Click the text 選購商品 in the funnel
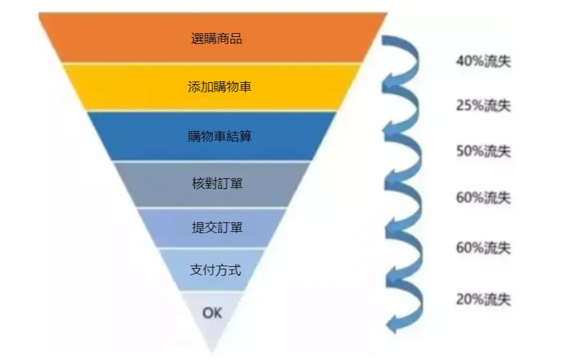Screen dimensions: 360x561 [216, 38]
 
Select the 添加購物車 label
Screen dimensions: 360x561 [219, 86]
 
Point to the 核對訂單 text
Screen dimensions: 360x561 [217, 184]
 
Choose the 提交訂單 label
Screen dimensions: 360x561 [217, 227]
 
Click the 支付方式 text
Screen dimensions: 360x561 [215, 270]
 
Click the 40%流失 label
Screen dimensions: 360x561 [483, 62]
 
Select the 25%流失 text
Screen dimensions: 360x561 [483, 106]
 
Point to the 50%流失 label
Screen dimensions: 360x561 [483, 152]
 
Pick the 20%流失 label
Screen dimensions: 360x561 [483, 299]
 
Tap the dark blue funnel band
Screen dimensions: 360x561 [280, 136]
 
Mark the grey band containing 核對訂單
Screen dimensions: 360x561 [268, 184]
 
